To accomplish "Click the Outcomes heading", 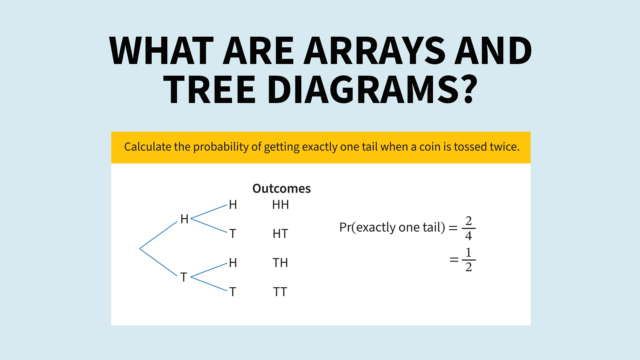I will [x=281, y=189].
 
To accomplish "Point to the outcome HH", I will [x=280, y=205].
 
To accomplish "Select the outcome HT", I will [x=280, y=234].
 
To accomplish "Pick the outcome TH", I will [x=280, y=263].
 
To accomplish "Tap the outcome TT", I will [x=280, y=292].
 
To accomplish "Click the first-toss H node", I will [x=184, y=219].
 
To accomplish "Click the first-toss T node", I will [x=184, y=277].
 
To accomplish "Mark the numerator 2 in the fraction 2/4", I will [x=469, y=221].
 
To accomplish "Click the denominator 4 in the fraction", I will [x=469, y=236].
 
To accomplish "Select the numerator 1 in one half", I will [x=469, y=252].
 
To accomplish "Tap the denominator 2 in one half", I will [x=469, y=267].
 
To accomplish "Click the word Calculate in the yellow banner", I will [x=148, y=147].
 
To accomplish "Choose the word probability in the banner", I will [x=221, y=147].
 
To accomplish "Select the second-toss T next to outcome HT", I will [x=233, y=234].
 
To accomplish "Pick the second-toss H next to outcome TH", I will [x=233, y=263].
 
